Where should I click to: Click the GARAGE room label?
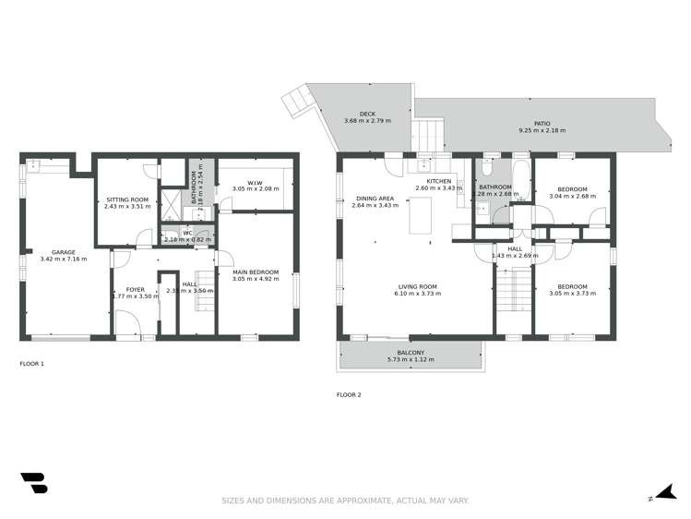pos(63,251)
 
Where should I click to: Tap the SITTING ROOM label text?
pos(125,199)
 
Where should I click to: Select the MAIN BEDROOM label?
pos(251,272)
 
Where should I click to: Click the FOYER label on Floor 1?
pos(136,289)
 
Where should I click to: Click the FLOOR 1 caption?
pos(32,363)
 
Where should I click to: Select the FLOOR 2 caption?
pos(348,394)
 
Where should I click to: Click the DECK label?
pos(367,115)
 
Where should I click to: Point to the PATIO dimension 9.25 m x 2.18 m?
pos(542,130)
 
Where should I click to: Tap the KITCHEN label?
pos(438,181)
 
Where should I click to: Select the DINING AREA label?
pos(375,198)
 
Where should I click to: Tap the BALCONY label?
pos(411,352)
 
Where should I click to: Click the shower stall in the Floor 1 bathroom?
pos(171,203)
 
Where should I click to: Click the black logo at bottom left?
pos(33,482)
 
